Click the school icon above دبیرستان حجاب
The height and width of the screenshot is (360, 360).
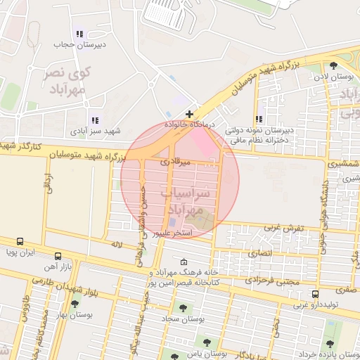point(79,33)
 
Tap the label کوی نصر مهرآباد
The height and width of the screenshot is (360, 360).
point(68,81)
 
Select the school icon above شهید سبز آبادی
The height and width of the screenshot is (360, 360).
point(95,120)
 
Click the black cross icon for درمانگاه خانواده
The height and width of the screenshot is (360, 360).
point(189,113)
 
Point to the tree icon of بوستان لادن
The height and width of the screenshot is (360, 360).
point(333,65)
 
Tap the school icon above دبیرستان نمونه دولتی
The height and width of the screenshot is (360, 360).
point(259,120)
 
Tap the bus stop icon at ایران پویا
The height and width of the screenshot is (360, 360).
point(20,240)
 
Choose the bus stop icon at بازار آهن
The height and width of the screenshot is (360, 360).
point(57,256)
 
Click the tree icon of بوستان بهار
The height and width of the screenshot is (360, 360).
point(76,303)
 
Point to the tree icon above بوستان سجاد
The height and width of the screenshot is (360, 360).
point(182,308)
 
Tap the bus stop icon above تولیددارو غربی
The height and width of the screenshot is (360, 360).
point(315,294)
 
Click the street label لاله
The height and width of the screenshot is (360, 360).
point(117,244)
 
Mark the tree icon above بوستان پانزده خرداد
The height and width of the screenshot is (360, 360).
point(330,343)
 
